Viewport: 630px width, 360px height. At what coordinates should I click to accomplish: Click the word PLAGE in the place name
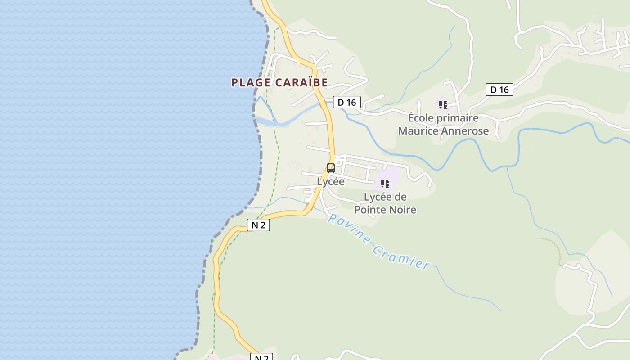[251, 82]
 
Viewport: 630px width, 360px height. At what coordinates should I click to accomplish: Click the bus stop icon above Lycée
[331, 168]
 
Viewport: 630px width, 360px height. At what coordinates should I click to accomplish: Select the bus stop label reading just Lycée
[331, 181]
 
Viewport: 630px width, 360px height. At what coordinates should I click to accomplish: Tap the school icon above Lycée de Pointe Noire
[385, 184]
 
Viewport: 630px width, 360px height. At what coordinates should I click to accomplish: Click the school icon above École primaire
[443, 105]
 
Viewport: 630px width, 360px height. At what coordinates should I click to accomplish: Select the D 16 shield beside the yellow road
[347, 102]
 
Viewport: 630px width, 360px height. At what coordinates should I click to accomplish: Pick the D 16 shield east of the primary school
[499, 90]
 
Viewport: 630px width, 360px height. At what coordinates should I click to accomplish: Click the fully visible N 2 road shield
[258, 225]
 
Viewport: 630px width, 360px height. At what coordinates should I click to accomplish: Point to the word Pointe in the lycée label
[369, 210]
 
